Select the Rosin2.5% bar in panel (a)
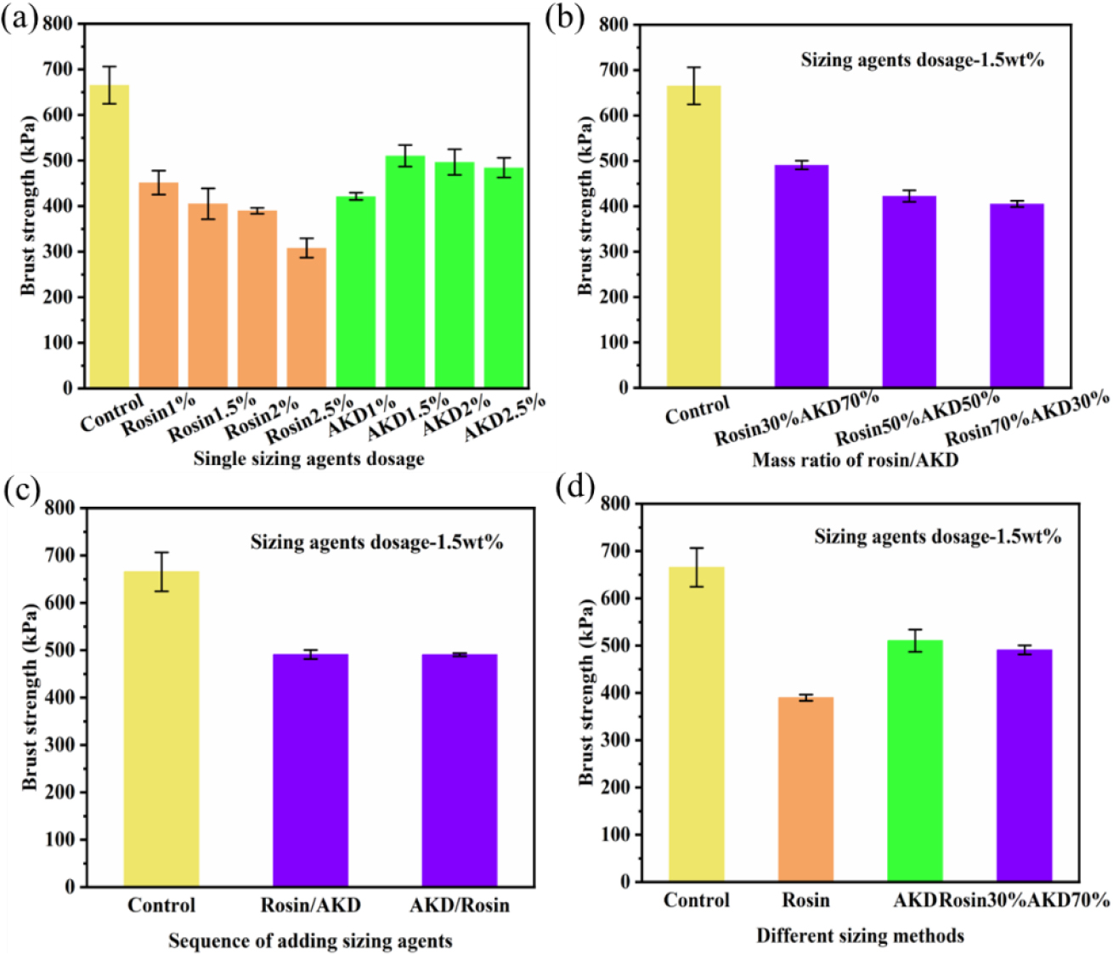click(x=307, y=318)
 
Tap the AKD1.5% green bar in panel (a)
click(x=405, y=272)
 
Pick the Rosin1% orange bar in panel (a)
click(x=159, y=285)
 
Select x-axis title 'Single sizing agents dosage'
click(x=308, y=459)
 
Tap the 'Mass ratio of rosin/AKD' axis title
click(x=855, y=460)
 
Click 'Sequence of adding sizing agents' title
click(x=310, y=941)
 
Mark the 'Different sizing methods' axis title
click(x=860, y=936)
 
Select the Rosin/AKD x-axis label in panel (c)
click(x=310, y=906)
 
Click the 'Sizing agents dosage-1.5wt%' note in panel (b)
click(x=922, y=60)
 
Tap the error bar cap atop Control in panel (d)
click(x=697, y=548)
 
